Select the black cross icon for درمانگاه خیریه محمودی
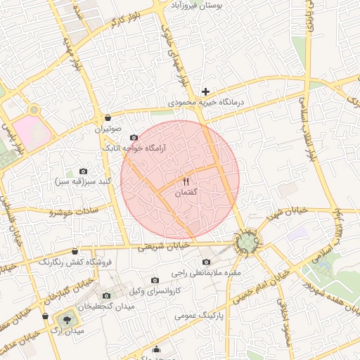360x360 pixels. [x=205, y=92]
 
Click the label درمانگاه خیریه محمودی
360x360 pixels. [x=207, y=103]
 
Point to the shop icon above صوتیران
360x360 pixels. [x=108, y=118]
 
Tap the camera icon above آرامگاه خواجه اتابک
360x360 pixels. [x=134, y=138]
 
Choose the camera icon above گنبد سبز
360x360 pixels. [x=84, y=171]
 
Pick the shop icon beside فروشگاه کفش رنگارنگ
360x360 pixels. [x=75, y=251]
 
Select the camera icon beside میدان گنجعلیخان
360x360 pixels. [x=106, y=296]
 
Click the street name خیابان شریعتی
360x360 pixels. [x=163, y=247]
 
